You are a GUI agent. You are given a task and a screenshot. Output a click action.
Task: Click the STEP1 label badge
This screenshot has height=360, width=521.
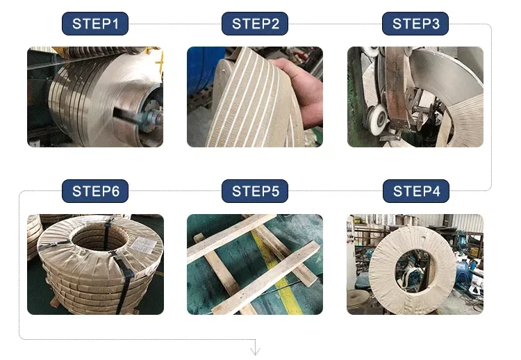tap(95, 24)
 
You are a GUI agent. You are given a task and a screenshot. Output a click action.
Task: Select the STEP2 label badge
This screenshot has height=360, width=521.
tap(255, 24)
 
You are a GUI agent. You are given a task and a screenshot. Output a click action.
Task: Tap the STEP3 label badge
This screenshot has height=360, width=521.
tap(415, 24)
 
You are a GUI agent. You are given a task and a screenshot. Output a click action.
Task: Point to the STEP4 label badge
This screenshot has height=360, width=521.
tap(416, 191)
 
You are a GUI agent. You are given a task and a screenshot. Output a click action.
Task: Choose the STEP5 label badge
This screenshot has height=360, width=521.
tap(255, 191)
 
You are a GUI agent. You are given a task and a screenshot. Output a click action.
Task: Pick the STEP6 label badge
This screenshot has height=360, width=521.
tap(95, 191)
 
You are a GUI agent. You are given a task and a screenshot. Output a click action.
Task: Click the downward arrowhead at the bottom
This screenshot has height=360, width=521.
tap(255, 351)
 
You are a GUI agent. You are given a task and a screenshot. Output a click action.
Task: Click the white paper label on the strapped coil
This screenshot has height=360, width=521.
tap(144, 245)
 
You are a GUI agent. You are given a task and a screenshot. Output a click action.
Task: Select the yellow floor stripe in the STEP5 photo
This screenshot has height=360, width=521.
tap(276, 272)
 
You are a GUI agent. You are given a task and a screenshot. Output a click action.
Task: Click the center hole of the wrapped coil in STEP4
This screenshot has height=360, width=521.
tap(414, 270)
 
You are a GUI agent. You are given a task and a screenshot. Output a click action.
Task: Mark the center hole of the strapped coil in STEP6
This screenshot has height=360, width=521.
tap(99, 238)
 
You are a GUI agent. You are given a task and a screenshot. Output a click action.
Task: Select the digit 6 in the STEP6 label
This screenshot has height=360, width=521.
tap(115, 191)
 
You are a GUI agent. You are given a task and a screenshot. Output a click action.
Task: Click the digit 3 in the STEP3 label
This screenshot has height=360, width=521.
tap(435, 24)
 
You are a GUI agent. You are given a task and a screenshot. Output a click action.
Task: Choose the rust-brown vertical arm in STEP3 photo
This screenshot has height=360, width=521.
tap(397, 88)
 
